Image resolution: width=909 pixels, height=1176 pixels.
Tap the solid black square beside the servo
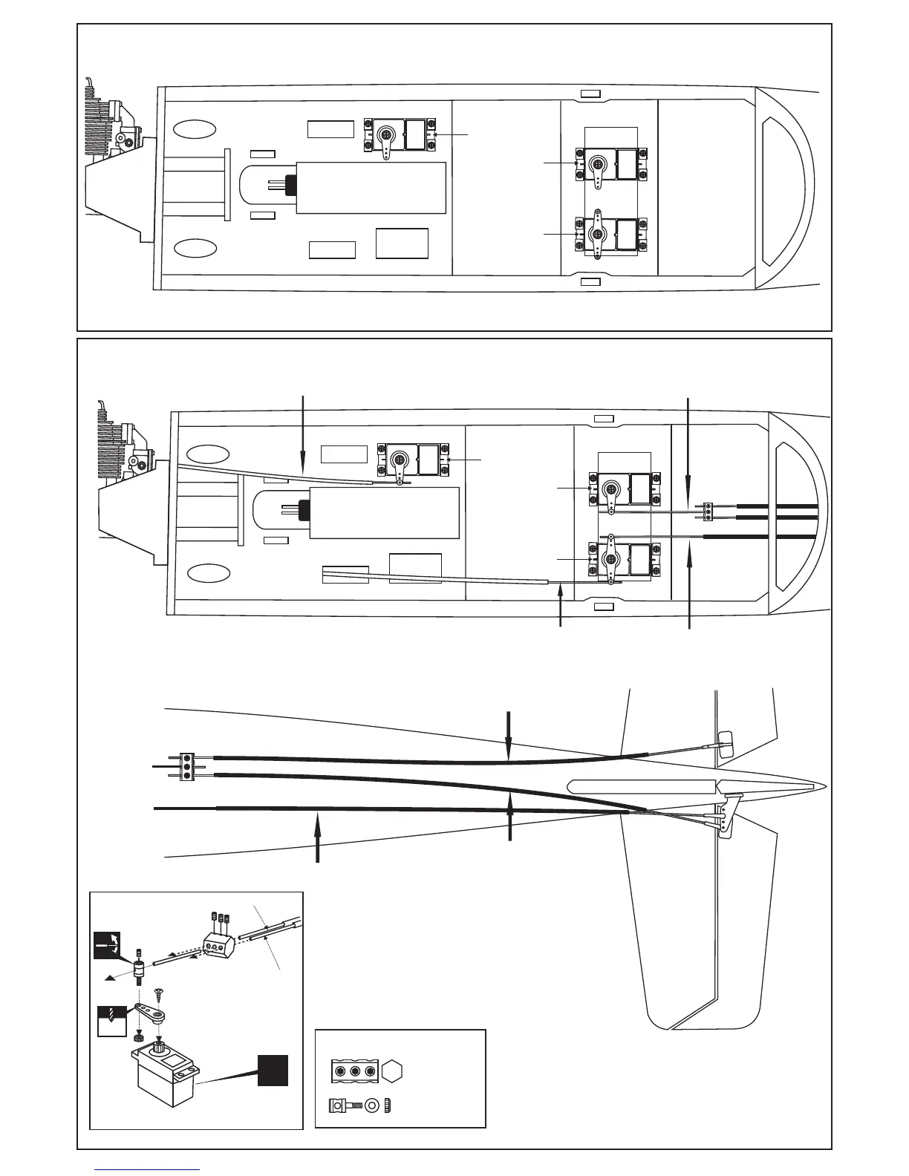pos(273,1070)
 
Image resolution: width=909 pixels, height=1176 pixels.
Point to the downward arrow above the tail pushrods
pos(509,735)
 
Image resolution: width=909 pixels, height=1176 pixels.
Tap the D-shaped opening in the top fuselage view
pos(785,186)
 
